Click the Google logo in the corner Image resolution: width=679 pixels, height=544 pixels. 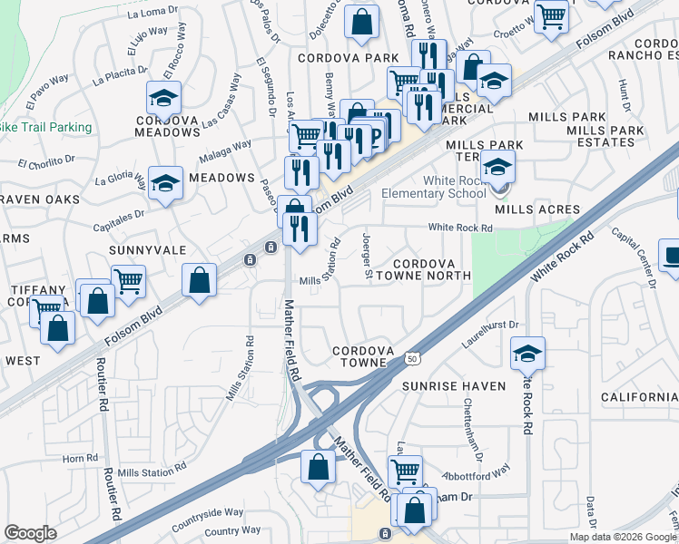pyautogui.click(x=30, y=533)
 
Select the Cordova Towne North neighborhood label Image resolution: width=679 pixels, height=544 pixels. pyautogui.click(x=418, y=268)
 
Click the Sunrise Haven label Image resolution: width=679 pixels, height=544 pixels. pyautogui.click(x=454, y=386)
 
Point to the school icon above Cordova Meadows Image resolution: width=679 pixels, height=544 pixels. pyautogui.click(x=163, y=97)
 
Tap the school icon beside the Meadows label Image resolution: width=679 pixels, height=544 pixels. pyautogui.click(x=165, y=182)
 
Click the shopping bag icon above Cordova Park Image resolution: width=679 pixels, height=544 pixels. pyautogui.click(x=361, y=24)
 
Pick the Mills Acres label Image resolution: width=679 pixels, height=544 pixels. pyautogui.click(x=536, y=209)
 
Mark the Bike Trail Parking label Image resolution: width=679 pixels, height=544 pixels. pyautogui.click(x=44, y=127)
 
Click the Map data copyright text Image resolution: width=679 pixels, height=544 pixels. pyautogui.click(x=623, y=537)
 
